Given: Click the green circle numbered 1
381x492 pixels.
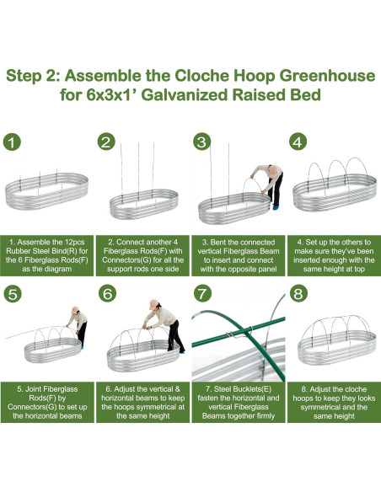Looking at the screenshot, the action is click(x=12, y=142).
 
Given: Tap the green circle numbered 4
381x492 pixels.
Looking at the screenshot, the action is click(x=298, y=142).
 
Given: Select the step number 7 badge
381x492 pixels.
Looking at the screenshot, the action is click(x=202, y=294).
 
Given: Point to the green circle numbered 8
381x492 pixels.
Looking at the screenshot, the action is click(x=298, y=294).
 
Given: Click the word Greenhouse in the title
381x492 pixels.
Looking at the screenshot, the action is click(x=327, y=76).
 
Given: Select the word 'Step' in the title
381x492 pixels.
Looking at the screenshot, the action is click(x=24, y=77).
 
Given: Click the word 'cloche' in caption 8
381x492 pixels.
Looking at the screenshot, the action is click(x=355, y=389).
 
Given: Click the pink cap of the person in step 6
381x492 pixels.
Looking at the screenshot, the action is click(x=154, y=304).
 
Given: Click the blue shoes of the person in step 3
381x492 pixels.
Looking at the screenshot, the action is click(x=276, y=207).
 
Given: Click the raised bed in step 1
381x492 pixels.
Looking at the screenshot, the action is click(x=46, y=190).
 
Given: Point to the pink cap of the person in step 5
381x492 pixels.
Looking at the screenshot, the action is click(x=75, y=308).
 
